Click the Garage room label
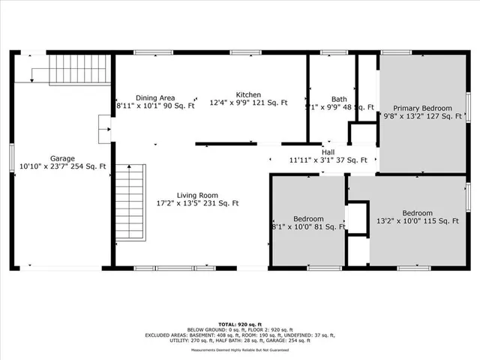[x=62, y=158]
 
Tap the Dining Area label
[x=155, y=97]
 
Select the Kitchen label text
[x=248, y=94]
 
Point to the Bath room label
[x=340, y=99]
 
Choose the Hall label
[x=328, y=151]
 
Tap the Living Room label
[x=198, y=194]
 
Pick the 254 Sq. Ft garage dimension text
[x=93, y=166]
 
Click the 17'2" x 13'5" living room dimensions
[x=198, y=203]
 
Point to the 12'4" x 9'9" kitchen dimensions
[x=248, y=103]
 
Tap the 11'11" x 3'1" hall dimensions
[x=328, y=160]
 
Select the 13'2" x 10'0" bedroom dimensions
[x=416, y=220]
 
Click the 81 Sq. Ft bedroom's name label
[x=308, y=217]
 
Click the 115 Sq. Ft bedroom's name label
[x=416, y=212]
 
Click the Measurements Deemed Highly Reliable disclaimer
[x=240, y=350]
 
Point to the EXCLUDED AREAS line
[x=240, y=334]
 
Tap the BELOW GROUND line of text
[x=240, y=328]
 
